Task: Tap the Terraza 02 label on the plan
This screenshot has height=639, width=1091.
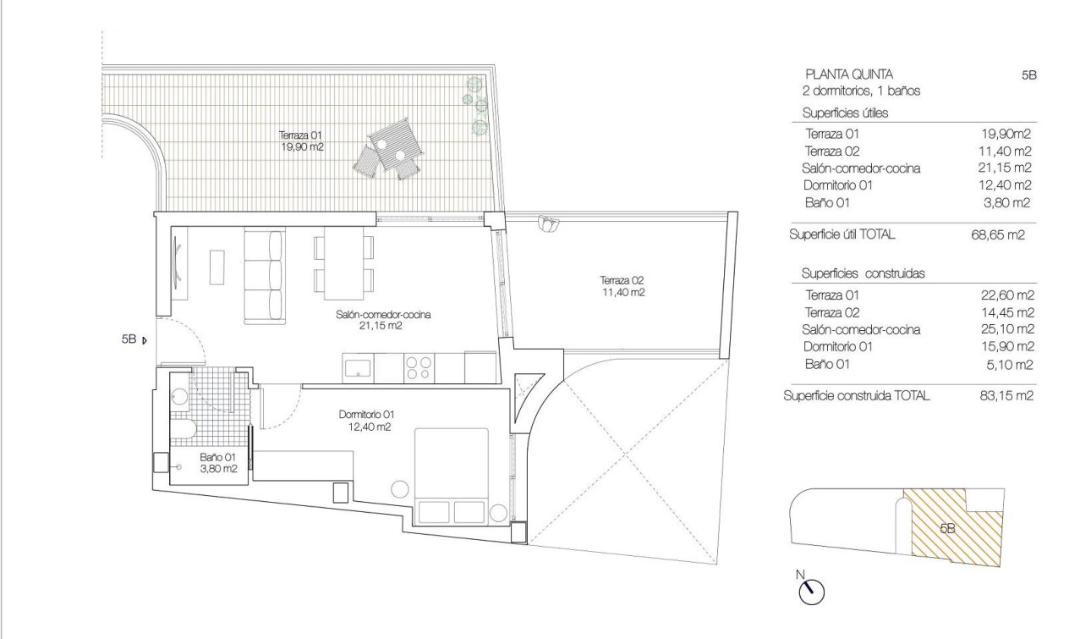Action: (623, 286)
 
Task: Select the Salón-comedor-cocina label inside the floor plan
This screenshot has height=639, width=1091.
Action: (384, 319)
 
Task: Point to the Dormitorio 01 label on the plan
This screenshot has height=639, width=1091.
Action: (366, 421)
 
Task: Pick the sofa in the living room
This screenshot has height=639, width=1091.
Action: (263, 274)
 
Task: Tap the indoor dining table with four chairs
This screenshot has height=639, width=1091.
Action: (344, 263)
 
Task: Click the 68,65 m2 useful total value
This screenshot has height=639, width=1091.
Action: (997, 235)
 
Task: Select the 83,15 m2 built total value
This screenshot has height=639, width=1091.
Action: (1006, 395)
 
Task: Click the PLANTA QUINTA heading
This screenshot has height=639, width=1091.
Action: (848, 74)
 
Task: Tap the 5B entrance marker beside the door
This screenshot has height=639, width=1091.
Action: (134, 340)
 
